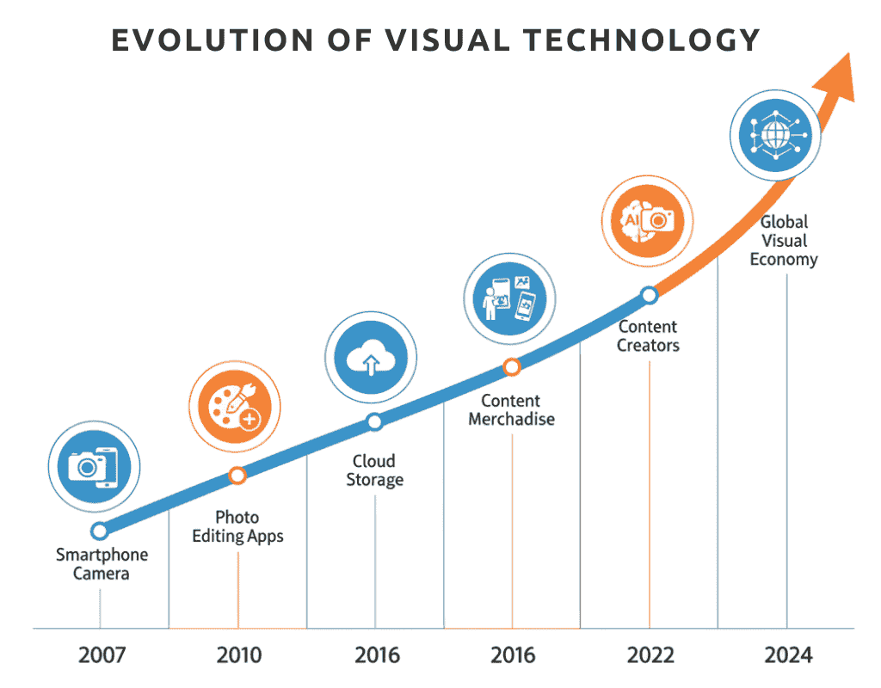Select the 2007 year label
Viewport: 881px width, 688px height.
click(102, 656)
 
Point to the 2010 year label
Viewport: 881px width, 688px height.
click(239, 656)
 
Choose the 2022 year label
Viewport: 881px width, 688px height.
click(650, 656)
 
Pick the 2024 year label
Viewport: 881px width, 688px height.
click(788, 656)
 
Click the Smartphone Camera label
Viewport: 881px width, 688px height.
click(102, 564)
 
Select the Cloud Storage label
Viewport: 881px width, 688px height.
click(374, 470)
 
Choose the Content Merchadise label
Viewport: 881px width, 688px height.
click(511, 410)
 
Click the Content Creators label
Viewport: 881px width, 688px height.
click(649, 336)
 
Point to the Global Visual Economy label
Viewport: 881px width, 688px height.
click(784, 241)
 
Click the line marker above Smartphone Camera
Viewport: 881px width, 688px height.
click(100, 531)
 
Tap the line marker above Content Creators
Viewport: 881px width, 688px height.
click(650, 296)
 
